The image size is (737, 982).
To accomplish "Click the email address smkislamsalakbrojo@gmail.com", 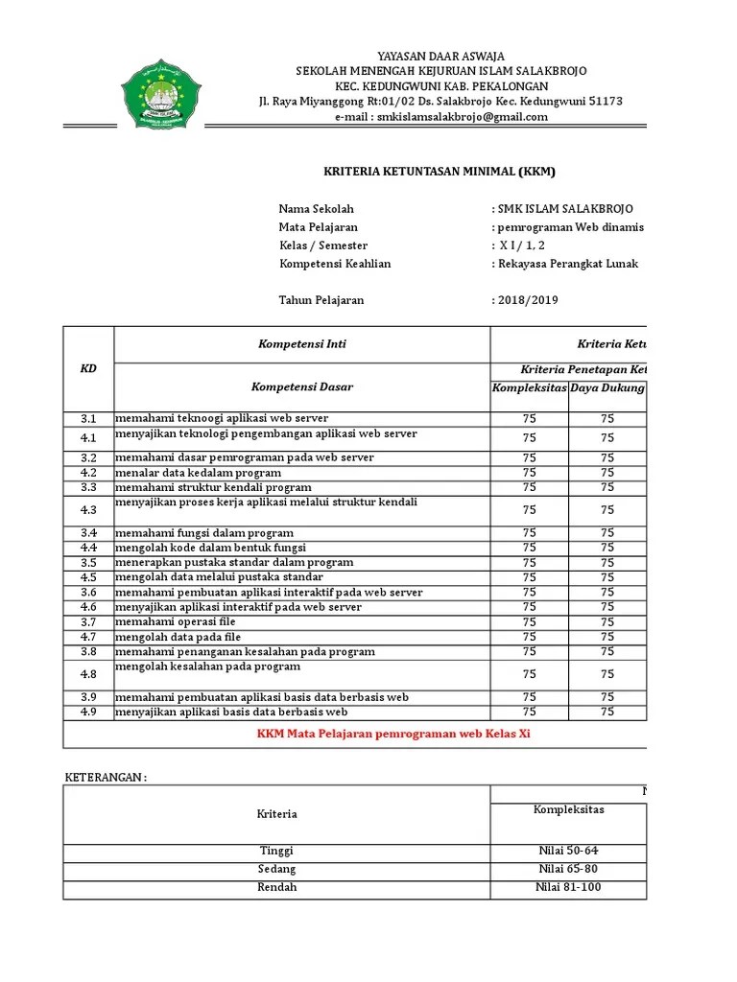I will click(x=440, y=117).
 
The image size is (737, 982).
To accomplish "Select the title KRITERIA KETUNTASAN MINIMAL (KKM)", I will click(x=438, y=173).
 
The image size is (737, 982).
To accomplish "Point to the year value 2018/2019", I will click(x=526, y=300).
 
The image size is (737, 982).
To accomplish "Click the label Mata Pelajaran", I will click(x=318, y=227).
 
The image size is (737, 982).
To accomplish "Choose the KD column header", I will click(x=88, y=369).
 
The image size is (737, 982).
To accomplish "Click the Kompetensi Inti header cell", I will click(x=301, y=343).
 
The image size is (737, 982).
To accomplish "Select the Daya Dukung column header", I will click(x=607, y=387).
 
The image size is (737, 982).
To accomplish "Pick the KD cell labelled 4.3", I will click(x=88, y=510).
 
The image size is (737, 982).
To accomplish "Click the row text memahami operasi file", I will click(x=176, y=622).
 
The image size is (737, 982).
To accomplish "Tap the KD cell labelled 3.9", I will click(x=88, y=697).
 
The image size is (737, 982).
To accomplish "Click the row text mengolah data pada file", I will click(x=178, y=637).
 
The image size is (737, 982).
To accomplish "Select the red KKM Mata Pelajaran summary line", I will click(x=393, y=734).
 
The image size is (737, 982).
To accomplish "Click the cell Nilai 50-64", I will click(x=569, y=851).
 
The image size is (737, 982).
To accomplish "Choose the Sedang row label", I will click(x=277, y=869).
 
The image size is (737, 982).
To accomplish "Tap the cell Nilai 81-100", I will click(x=569, y=887).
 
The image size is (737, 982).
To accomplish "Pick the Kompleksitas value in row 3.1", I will click(x=530, y=419).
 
